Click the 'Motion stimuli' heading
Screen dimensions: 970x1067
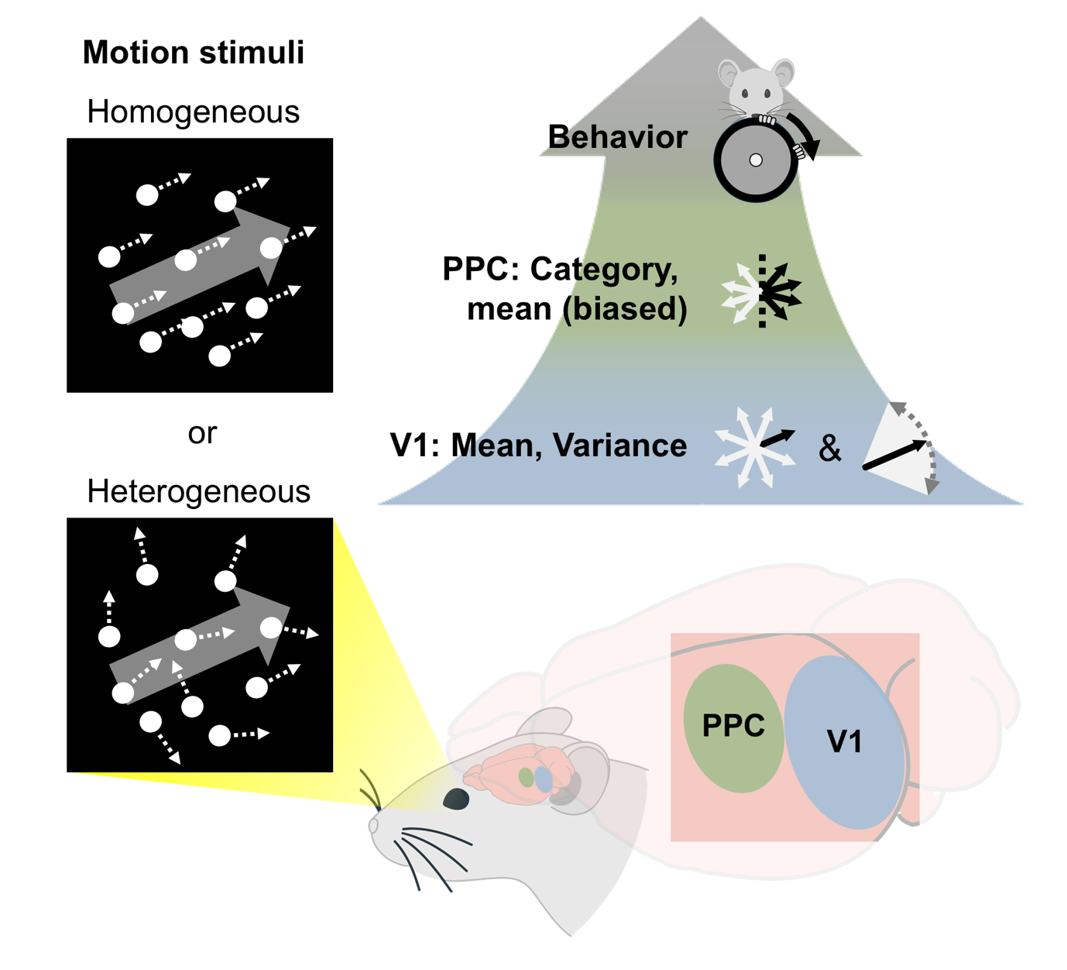(x=193, y=53)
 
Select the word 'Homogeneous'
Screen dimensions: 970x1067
(x=193, y=112)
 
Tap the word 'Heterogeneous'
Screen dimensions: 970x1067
(x=198, y=491)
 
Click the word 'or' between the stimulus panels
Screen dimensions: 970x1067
(x=202, y=432)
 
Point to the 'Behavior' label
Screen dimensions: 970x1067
(x=617, y=137)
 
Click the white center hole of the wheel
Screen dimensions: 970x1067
(x=756, y=160)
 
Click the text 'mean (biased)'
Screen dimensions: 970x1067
(x=577, y=308)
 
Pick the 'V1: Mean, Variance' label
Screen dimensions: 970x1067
(x=539, y=445)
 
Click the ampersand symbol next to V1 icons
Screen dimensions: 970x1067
(x=829, y=449)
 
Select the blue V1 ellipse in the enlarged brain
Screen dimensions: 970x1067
(x=845, y=741)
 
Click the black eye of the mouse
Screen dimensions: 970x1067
(x=455, y=799)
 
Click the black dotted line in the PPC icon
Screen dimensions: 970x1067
(x=762, y=291)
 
